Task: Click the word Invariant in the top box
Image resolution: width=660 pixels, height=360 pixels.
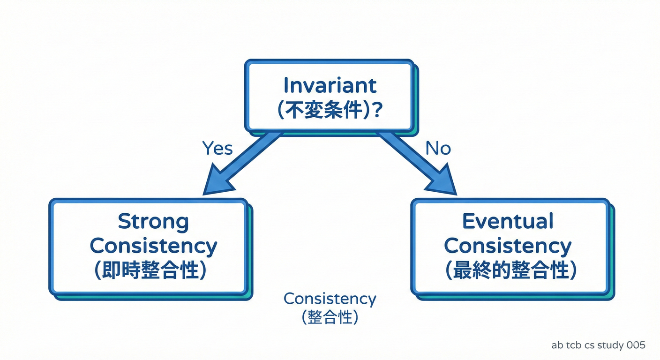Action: [330, 85]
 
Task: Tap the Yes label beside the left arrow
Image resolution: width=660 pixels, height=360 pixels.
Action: [217, 149]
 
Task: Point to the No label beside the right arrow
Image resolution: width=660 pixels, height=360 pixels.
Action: [438, 149]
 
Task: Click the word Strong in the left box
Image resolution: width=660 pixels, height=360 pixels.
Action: [153, 221]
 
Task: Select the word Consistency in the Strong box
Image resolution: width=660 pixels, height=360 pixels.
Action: [153, 246]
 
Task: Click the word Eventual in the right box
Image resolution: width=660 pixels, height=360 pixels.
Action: [508, 221]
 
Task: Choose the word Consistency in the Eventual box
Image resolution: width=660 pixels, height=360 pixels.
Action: [508, 246]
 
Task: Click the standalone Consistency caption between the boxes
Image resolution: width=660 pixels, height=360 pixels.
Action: [330, 299]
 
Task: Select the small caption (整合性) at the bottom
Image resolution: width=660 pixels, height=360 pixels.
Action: [330, 318]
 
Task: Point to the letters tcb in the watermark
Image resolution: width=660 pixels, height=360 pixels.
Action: [573, 345]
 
